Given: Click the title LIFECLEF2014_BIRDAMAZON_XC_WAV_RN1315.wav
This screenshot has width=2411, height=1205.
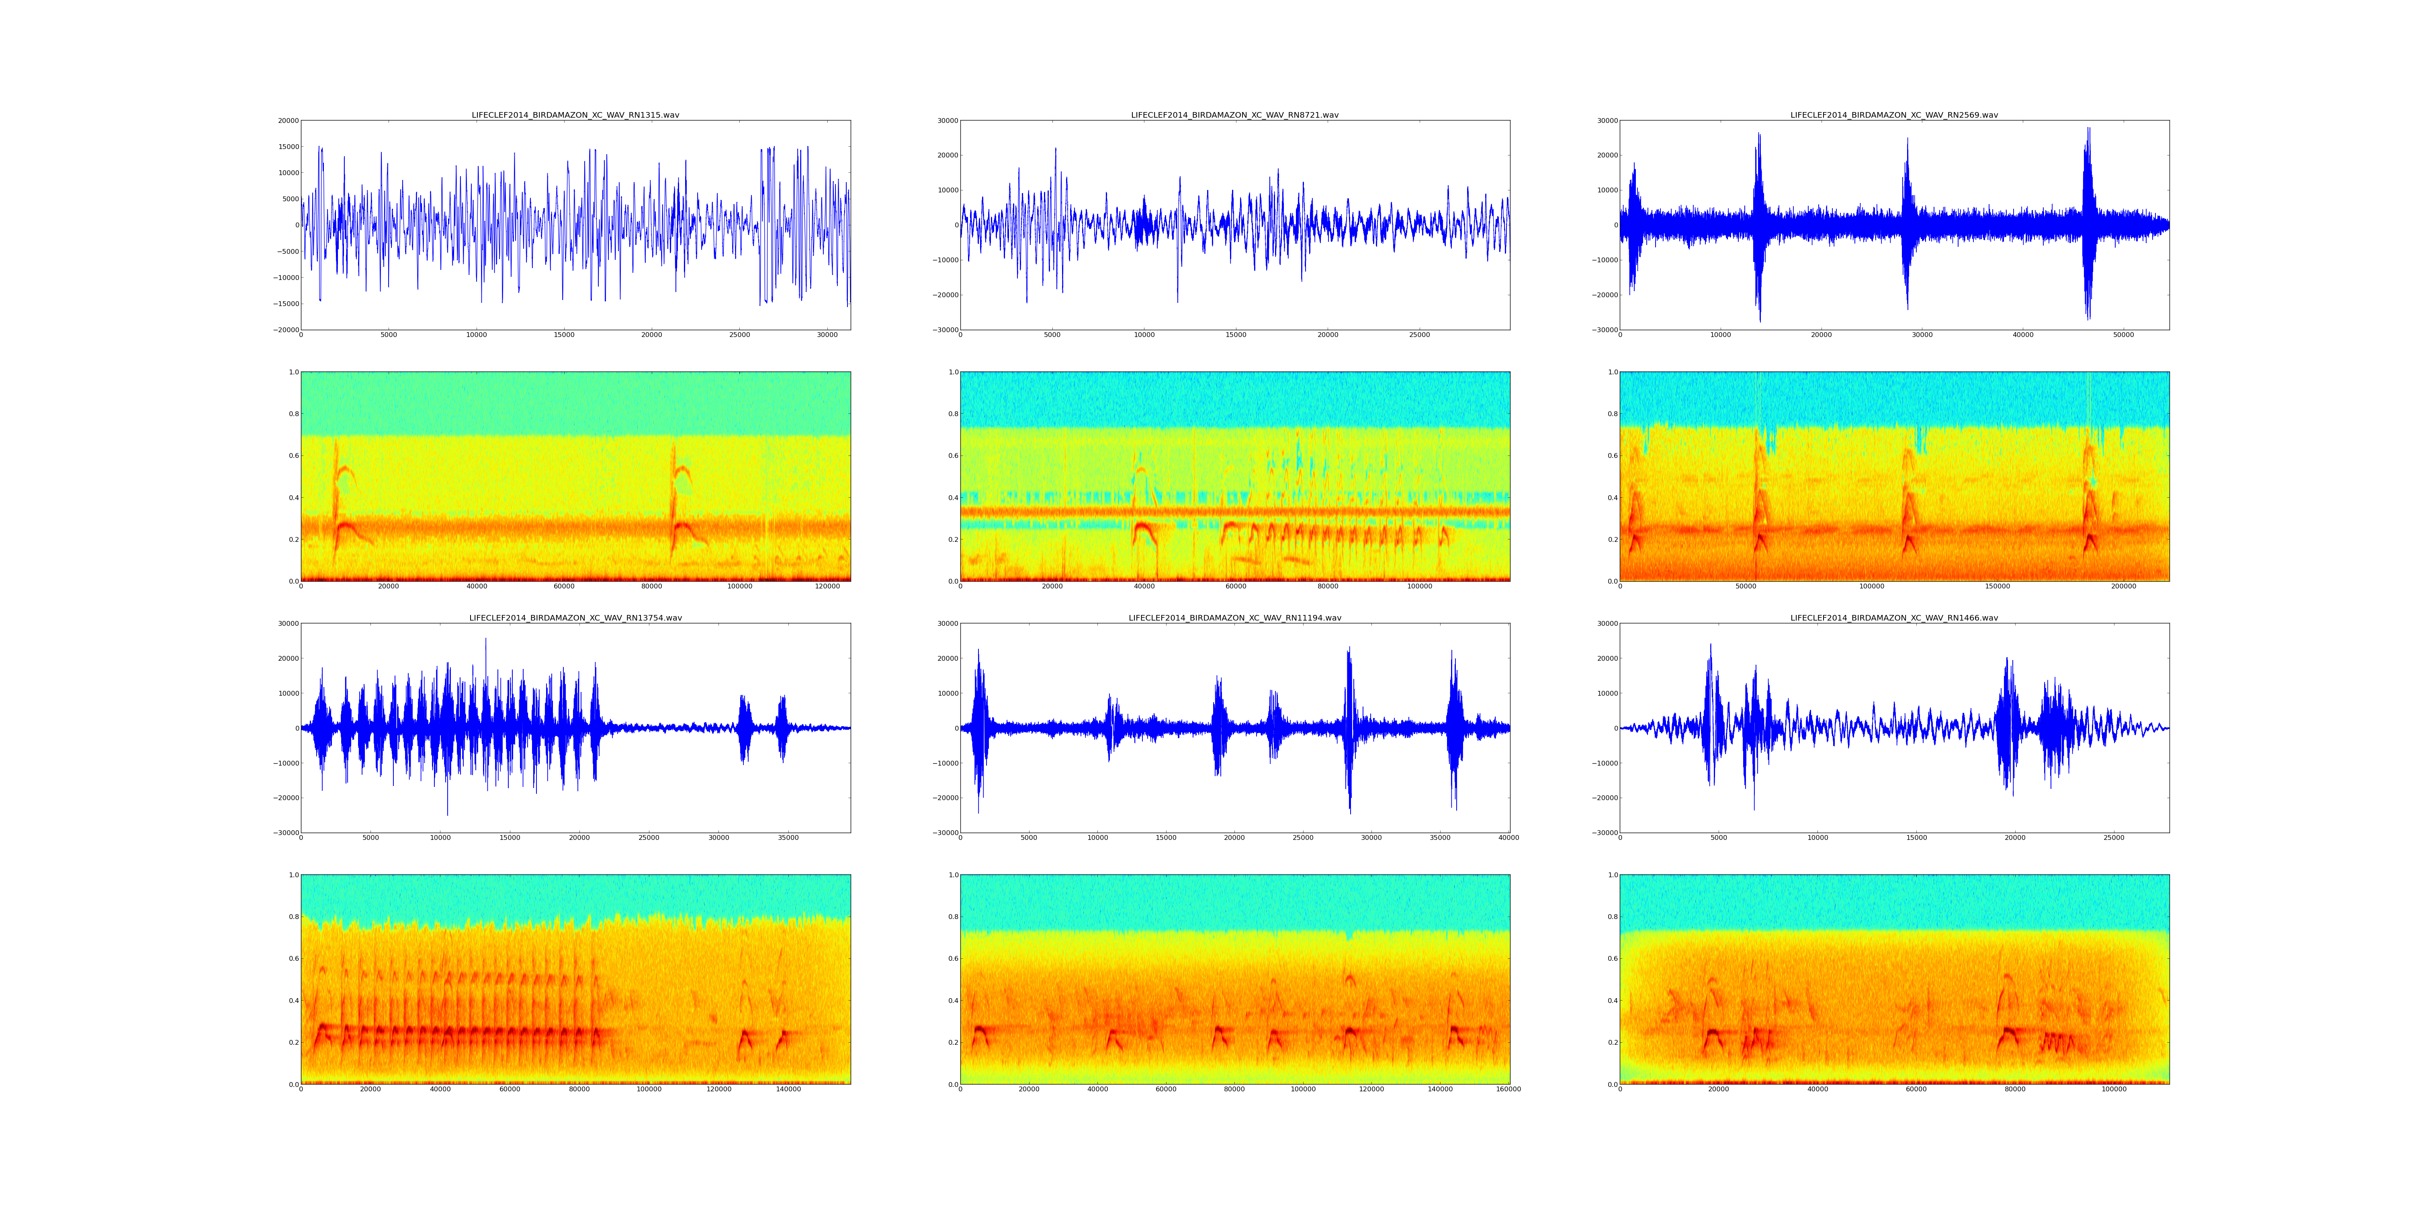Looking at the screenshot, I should click(x=575, y=115).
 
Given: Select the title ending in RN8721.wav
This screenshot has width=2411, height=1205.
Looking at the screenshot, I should click(x=1234, y=115).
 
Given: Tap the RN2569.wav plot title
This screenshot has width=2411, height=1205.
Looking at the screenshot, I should click(x=1893, y=115).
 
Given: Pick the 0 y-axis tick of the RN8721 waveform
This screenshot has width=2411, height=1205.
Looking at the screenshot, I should click(x=955, y=225).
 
